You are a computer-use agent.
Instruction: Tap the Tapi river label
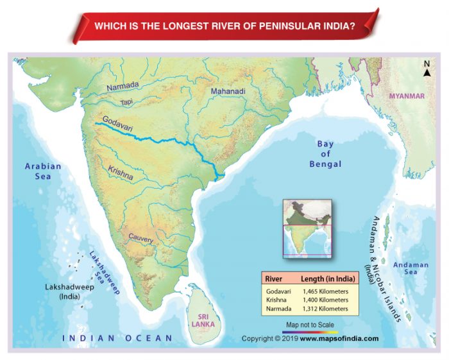127,102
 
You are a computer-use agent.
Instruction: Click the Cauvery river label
140,238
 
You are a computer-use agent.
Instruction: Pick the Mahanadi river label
228,92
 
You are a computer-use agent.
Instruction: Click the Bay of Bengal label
325,154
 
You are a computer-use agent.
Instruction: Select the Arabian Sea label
43,171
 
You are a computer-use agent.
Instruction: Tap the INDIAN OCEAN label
117,338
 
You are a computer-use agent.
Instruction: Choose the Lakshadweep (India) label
68,292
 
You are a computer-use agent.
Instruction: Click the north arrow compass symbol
427,69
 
